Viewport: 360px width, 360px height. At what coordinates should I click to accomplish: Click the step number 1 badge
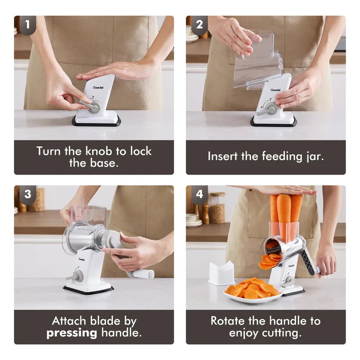point(27,25)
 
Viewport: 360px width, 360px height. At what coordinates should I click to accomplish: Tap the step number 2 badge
point(199,25)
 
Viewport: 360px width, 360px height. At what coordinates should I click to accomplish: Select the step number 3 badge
point(27,194)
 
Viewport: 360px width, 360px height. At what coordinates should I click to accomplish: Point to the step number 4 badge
point(199,194)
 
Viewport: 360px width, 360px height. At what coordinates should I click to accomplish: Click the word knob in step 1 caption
point(99,151)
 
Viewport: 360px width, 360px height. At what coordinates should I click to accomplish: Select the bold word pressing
point(72,333)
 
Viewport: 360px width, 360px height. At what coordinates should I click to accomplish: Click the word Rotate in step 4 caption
point(227,321)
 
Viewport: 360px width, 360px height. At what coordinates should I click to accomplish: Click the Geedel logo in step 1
point(98,87)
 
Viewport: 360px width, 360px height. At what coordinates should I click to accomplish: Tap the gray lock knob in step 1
point(91,106)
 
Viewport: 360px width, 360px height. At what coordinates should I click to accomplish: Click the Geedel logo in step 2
point(275,90)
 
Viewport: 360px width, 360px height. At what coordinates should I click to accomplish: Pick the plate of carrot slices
point(253,292)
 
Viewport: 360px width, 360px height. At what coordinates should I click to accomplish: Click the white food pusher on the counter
point(221,274)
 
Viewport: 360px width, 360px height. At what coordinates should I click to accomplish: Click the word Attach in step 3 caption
point(69,321)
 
